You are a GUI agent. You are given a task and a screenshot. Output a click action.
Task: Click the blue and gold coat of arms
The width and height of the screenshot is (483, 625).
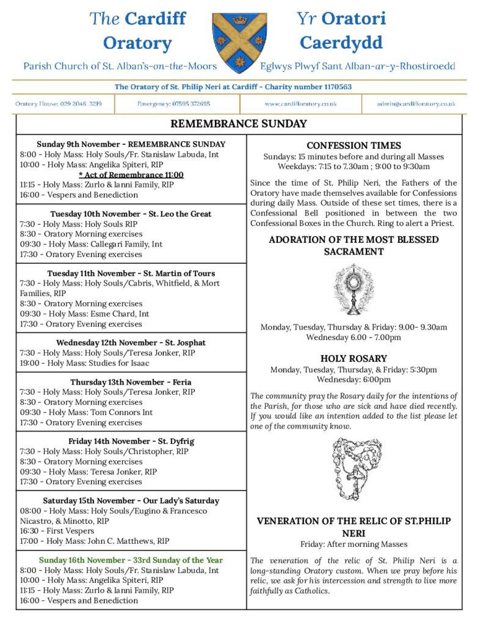point(240,43)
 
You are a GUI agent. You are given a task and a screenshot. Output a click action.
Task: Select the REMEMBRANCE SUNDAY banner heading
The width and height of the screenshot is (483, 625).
point(239,125)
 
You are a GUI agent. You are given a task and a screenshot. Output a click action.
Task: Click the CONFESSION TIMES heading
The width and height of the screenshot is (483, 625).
point(354,146)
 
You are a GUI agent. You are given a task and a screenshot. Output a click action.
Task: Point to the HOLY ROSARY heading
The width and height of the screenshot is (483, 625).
point(354,359)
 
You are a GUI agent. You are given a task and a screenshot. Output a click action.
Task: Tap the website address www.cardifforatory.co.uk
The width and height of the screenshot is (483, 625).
point(300,104)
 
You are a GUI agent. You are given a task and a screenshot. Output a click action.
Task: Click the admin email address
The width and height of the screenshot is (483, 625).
point(416,104)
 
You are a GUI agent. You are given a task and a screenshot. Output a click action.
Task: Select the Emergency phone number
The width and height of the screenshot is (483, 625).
point(174,104)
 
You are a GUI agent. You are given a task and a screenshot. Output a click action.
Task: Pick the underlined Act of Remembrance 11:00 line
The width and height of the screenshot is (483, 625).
point(131,175)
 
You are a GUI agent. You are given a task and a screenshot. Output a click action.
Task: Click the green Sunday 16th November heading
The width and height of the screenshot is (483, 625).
point(131,560)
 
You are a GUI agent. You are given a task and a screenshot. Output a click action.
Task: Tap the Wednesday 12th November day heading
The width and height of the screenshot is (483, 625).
point(131,342)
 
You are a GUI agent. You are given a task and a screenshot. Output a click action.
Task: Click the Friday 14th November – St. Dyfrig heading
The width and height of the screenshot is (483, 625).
point(131,441)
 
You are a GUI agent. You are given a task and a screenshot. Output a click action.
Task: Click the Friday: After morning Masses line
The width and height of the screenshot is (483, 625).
point(354,544)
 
